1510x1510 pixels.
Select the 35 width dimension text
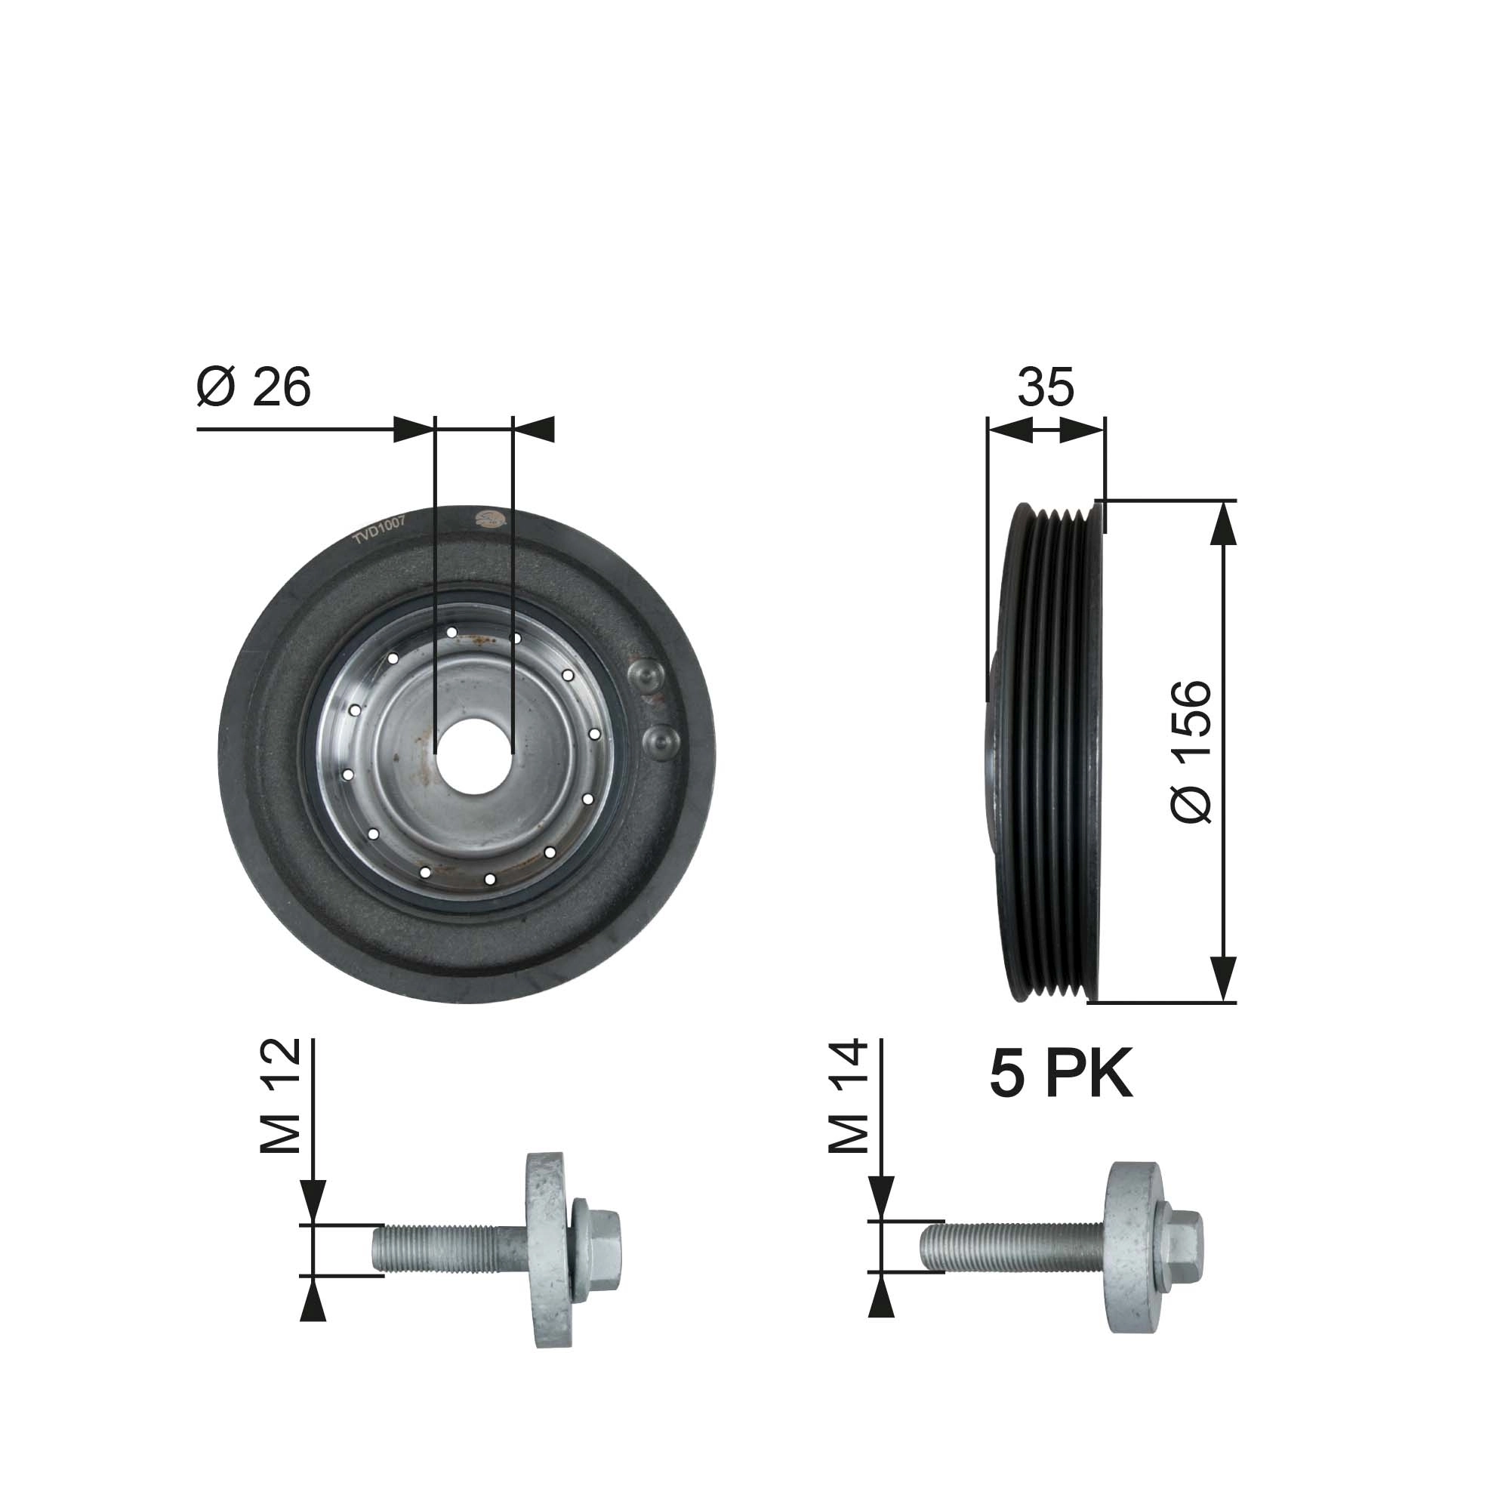[x=1046, y=387]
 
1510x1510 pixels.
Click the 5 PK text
[x=1061, y=1074]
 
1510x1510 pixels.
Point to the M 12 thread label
[x=281, y=1096]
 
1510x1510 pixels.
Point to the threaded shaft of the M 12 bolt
[x=438, y=1260]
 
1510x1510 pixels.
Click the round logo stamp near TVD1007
[x=490, y=518]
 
